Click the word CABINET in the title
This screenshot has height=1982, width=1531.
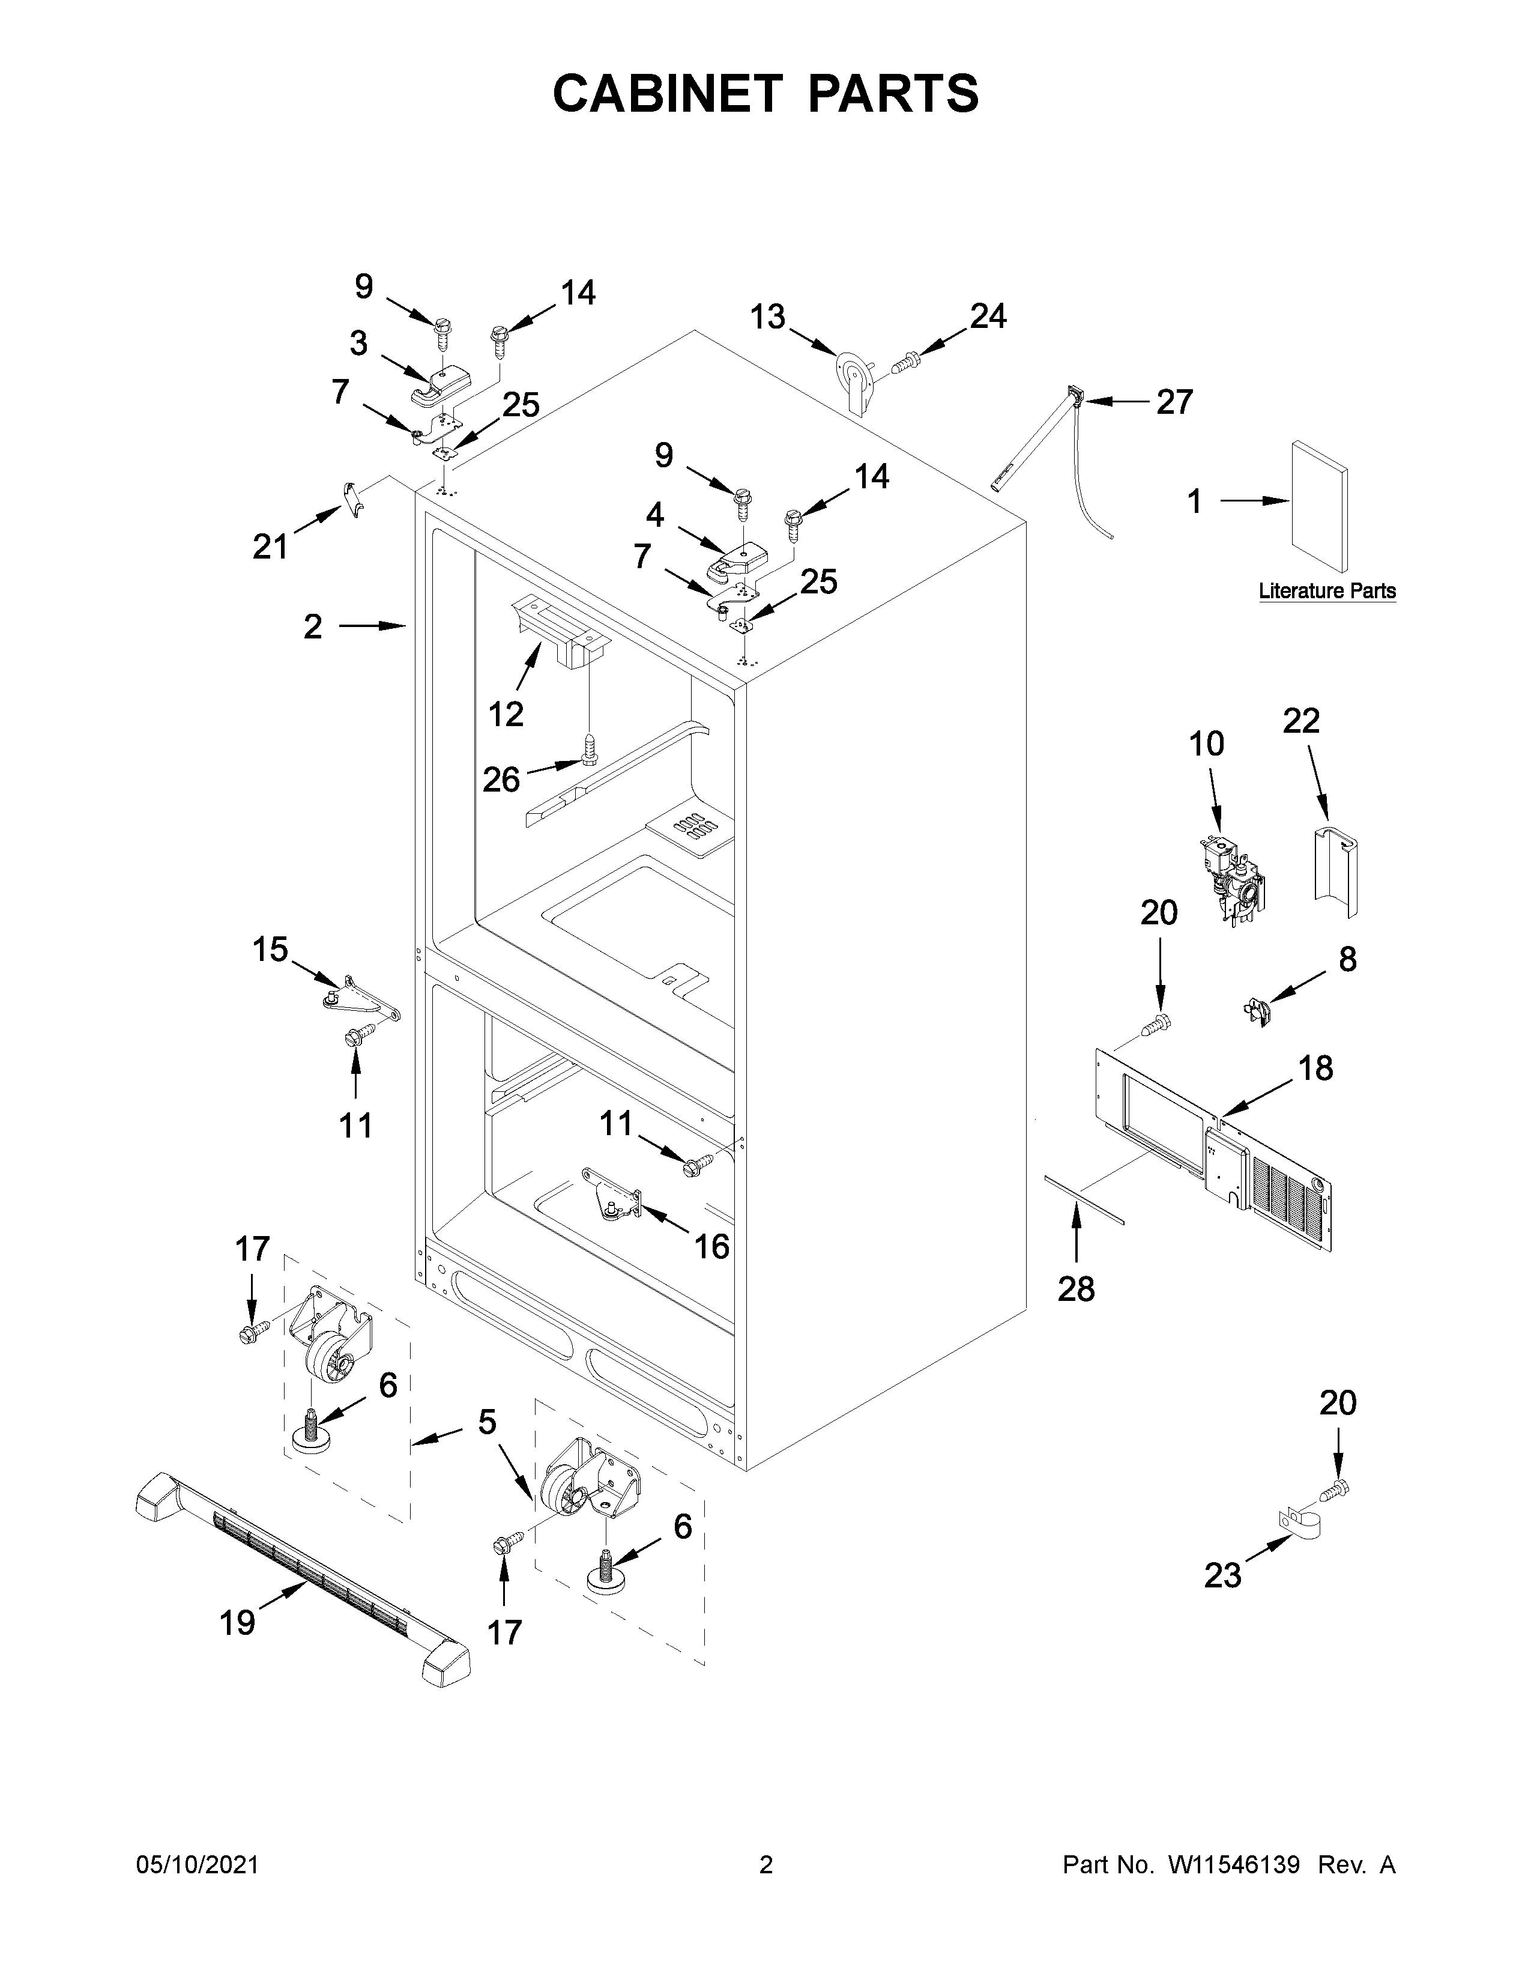[x=666, y=94]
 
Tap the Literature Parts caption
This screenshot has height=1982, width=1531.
[x=1326, y=591]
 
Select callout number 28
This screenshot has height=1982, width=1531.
[x=1076, y=1289]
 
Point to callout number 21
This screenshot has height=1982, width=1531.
[x=270, y=547]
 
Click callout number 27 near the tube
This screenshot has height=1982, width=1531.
[x=1174, y=401]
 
